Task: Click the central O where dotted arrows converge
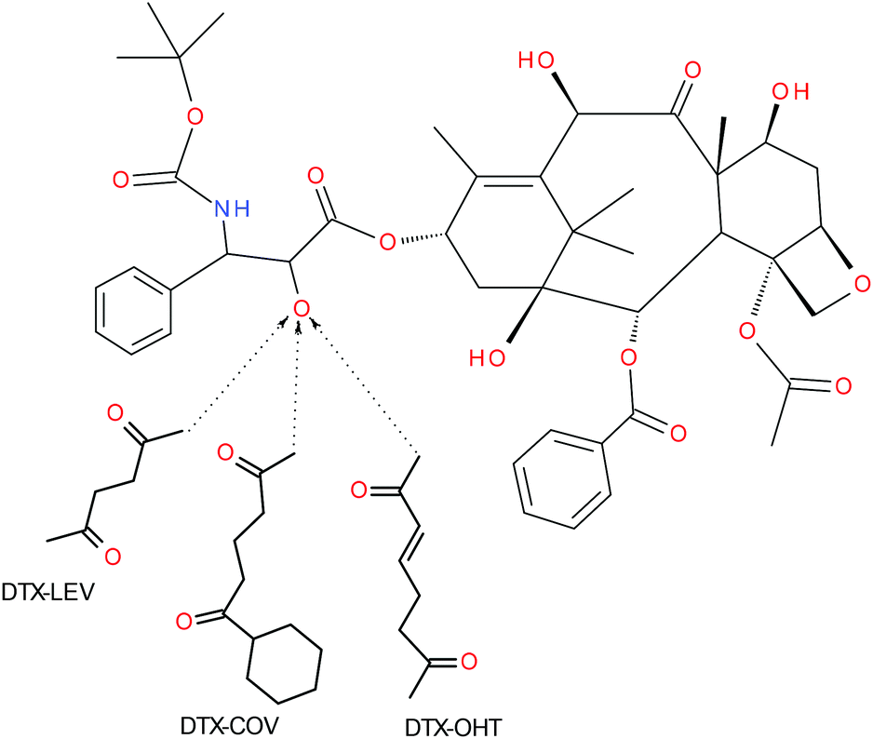click(x=299, y=308)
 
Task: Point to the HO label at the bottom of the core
click(x=487, y=356)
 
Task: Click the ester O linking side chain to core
click(x=385, y=244)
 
